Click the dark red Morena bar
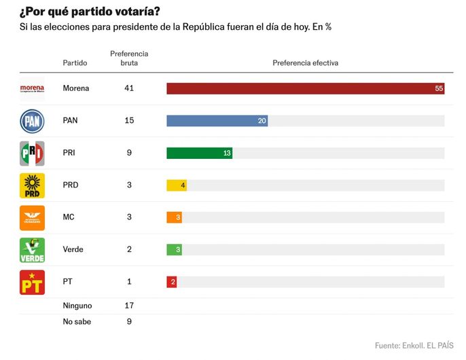pyautogui.click(x=305, y=88)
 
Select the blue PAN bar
pyautogui.click(x=217, y=121)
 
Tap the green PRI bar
pyautogui.click(x=199, y=153)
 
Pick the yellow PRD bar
pyautogui.click(x=176, y=185)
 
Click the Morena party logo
pyautogui.click(x=32, y=88)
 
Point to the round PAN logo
pyautogui.click(x=32, y=121)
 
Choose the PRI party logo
pyautogui.click(x=32, y=153)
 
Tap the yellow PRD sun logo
pyautogui.click(x=32, y=185)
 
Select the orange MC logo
pyautogui.click(x=32, y=217)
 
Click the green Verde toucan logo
pyautogui.click(x=32, y=249)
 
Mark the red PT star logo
pyautogui.click(x=32, y=282)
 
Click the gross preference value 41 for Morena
pyautogui.click(x=129, y=88)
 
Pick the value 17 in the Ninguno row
pyautogui.click(x=129, y=306)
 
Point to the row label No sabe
pyautogui.click(x=77, y=321)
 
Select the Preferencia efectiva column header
pyautogui.click(x=305, y=63)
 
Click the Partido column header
pyautogui.click(x=75, y=63)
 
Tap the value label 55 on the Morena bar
pyautogui.click(x=439, y=89)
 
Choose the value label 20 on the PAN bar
pyautogui.click(x=262, y=121)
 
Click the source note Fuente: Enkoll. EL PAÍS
pyautogui.click(x=414, y=345)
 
